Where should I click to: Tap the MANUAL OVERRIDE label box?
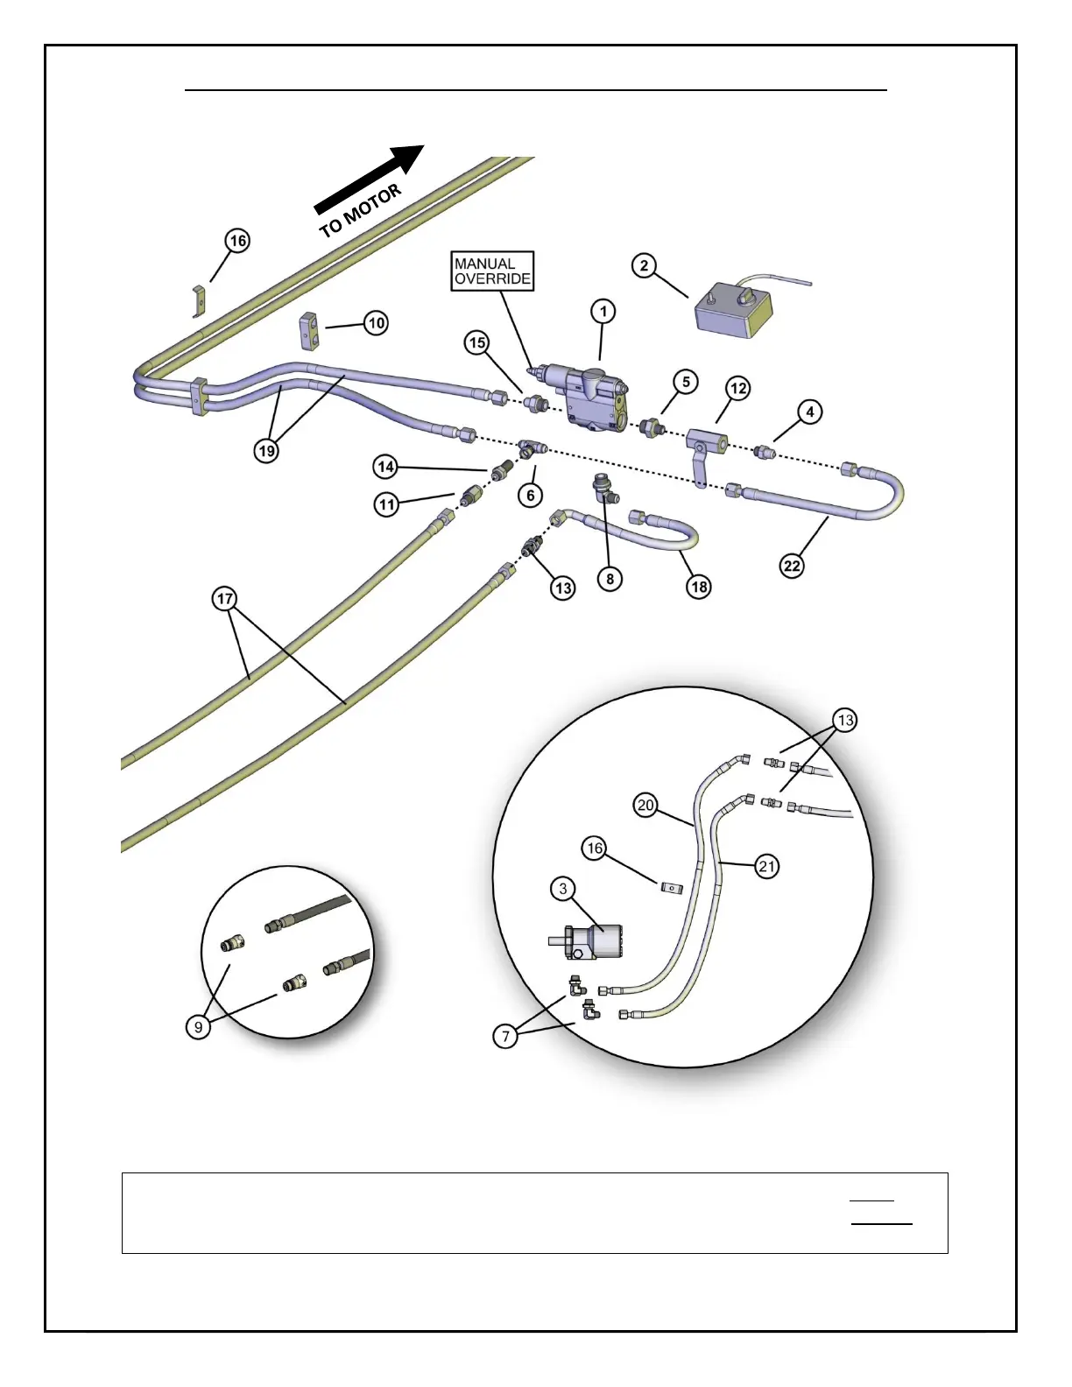click(492, 271)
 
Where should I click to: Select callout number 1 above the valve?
click(603, 312)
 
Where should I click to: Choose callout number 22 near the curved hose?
click(792, 566)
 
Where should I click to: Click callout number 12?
click(738, 388)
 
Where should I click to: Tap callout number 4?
click(809, 412)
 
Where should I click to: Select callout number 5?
click(686, 382)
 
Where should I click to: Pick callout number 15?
click(477, 342)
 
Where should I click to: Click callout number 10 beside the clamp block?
click(376, 323)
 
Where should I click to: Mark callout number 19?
click(266, 451)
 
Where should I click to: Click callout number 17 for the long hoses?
click(225, 600)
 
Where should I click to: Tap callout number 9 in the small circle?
click(199, 1026)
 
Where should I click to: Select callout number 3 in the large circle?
click(563, 889)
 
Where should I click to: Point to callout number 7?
click(505, 1037)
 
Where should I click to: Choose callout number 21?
click(767, 867)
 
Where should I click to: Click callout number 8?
click(610, 579)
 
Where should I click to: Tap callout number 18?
click(699, 586)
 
